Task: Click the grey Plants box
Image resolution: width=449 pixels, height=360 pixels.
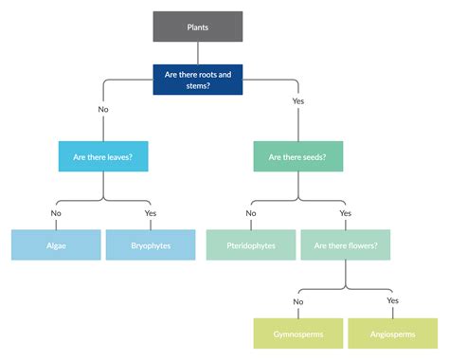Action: click(198, 27)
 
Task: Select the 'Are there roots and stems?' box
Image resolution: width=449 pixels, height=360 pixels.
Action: click(198, 79)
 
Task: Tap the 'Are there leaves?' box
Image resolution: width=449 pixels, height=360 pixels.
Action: click(103, 157)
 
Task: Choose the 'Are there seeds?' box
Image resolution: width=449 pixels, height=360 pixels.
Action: click(297, 157)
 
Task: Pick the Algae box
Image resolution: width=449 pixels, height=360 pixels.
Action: click(56, 245)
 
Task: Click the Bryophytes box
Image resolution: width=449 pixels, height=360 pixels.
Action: click(151, 245)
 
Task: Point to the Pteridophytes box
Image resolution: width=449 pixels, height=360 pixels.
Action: click(250, 245)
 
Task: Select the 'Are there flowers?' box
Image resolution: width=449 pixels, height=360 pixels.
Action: click(345, 245)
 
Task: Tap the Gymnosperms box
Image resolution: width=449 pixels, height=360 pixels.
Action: click(297, 333)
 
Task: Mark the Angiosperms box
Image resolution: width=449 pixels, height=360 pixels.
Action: click(393, 333)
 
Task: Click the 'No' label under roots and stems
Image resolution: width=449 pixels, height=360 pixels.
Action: click(103, 109)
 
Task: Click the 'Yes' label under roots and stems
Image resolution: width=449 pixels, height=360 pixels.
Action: click(298, 100)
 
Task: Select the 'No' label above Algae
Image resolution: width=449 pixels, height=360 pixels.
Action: click(56, 213)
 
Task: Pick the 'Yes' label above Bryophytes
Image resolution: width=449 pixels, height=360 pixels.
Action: click(151, 213)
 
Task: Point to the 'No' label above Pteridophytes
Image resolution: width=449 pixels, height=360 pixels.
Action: click(250, 213)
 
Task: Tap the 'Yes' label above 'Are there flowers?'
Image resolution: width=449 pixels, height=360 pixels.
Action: click(345, 213)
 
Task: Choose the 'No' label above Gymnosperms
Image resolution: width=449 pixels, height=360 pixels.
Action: click(297, 301)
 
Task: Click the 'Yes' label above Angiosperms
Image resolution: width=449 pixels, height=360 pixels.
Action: click(393, 301)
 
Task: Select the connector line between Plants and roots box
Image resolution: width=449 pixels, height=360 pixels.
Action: click(198, 52)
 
